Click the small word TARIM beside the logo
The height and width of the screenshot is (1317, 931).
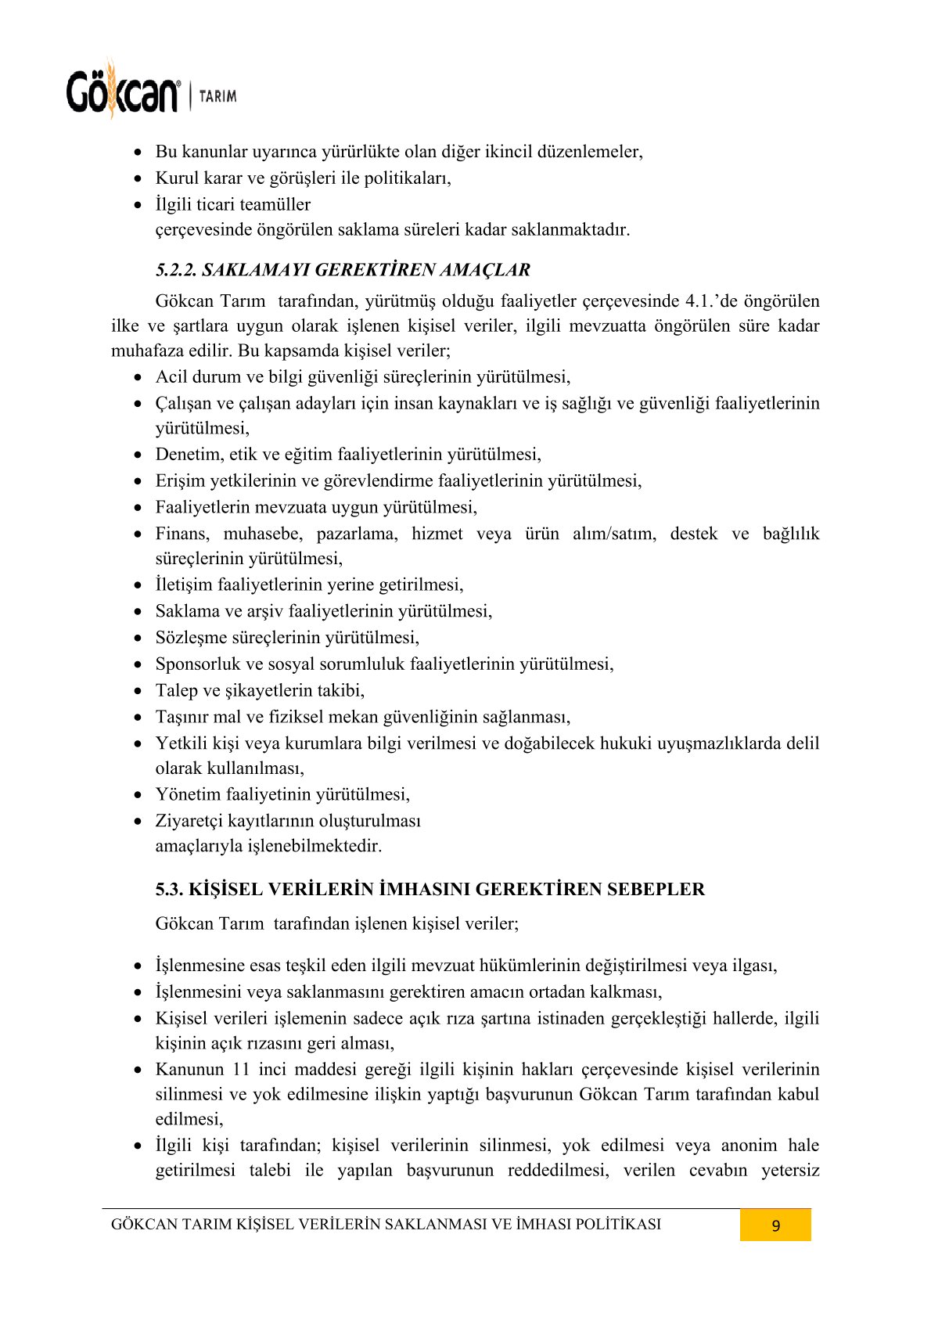coord(217,96)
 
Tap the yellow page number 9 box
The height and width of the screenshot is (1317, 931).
coord(775,1225)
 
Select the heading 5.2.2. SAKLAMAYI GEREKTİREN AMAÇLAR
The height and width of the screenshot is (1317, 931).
coord(343,270)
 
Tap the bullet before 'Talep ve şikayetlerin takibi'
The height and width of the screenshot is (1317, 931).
coord(138,691)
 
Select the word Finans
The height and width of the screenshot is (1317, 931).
coord(182,534)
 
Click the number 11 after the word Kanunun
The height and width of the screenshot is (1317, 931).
coord(241,1070)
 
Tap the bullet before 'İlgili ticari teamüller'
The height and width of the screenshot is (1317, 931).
coord(138,205)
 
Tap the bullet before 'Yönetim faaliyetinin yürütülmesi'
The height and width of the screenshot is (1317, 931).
coord(138,795)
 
